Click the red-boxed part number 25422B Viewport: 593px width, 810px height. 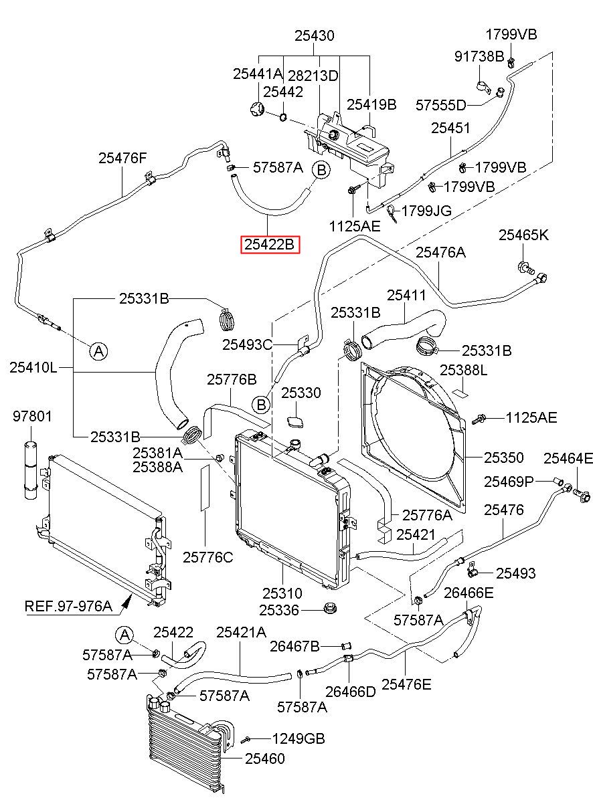pyautogui.click(x=270, y=244)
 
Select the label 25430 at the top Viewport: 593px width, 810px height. pyautogui.click(x=315, y=36)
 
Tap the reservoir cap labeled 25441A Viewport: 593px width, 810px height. pyautogui.click(x=257, y=108)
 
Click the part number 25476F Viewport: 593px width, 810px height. pyautogui.click(x=122, y=158)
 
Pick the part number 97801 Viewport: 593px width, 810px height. pyautogui.click(x=33, y=416)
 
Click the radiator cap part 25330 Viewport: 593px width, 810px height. pyautogui.click(x=295, y=422)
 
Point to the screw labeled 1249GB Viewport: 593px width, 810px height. pyautogui.click(x=246, y=739)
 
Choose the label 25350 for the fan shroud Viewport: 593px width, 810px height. pyautogui.click(x=503, y=458)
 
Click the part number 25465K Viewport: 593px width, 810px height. pyautogui.click(x=523, y=235)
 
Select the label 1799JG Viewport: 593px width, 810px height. pyautogui.click(x=426, y=210)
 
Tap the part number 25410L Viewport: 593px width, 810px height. pyautogui.click(x=33, y=367)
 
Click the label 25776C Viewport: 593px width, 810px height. pyautogui.click(x=208, y=557)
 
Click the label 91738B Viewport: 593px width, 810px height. pyautogui.click(x=479, y=56)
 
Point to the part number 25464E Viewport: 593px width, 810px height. pyautogui.click(x=568, y=458)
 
